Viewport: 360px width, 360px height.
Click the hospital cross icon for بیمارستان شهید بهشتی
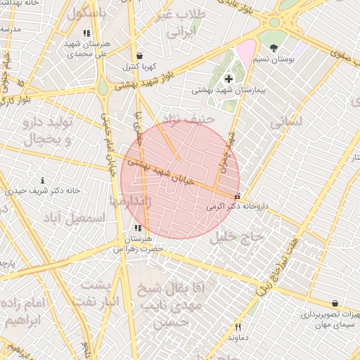point(228,78)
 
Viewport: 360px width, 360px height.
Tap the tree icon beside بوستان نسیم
point(274,48)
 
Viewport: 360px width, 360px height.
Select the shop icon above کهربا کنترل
point(139,56)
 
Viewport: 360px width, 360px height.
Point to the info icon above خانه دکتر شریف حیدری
point(44,181)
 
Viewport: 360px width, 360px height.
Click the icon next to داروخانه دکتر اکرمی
point(238,196)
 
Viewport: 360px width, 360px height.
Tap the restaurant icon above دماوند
point(238,327)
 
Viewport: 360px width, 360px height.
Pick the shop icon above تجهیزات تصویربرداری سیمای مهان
point(334,303)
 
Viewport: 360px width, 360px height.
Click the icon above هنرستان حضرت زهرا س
point(138,229)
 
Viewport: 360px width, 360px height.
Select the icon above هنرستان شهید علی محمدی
point(86,33)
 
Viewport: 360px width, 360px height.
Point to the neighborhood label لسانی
point(286,121)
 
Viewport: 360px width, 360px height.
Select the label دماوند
point(238,337)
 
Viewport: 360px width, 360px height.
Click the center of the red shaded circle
point(180,179)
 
